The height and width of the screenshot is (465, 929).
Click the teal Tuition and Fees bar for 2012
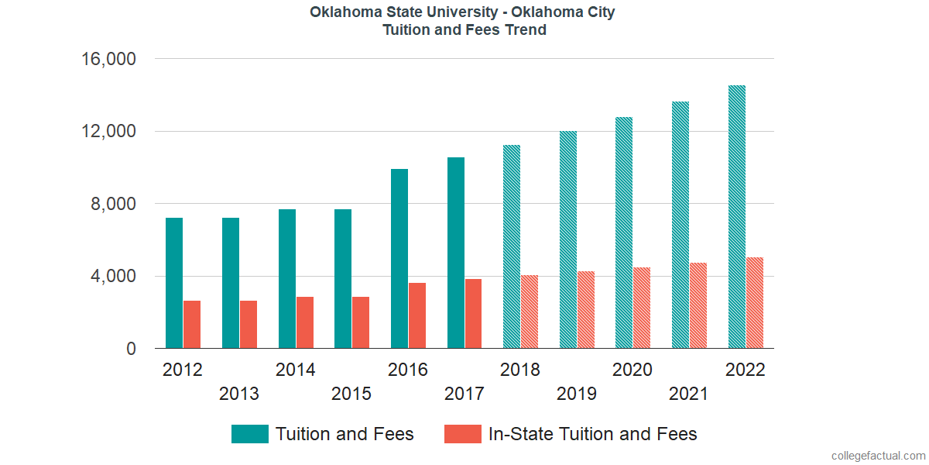click(174, 283)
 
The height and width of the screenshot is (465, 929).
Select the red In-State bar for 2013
click(249, 325)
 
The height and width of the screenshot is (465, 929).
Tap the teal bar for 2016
click(399, 259)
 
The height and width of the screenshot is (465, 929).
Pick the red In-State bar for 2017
click(473, 314)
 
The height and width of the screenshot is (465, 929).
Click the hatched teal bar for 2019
click(568, 239)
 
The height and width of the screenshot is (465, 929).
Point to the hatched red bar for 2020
click(642, 308)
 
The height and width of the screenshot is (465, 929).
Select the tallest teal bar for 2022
click(737, 217)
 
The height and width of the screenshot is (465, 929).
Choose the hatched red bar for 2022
click(755, 303)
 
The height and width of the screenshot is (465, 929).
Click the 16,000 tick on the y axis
click(108, 59)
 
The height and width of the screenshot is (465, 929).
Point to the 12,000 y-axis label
click(108, 132)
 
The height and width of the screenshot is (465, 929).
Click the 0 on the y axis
click(132, 349)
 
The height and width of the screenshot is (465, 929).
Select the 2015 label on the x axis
click(351, 394)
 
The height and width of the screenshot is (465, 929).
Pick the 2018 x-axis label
click(520, 370)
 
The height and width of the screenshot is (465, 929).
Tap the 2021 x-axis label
click(689, 394)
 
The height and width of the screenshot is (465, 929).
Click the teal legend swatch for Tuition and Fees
click(249, 434)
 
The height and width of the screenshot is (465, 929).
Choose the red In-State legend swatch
click(462, 434)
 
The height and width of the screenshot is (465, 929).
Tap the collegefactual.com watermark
click(877, 456)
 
